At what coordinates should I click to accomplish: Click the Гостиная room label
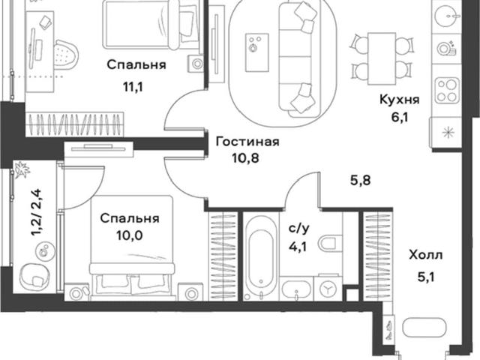click(247, 142)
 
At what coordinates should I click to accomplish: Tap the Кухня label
click(399, 100)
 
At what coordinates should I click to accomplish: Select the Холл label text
click(426, 255)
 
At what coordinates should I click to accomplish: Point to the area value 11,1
click(133, 88)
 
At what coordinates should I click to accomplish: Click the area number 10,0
click(130, 235)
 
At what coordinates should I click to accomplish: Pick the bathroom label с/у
click(299, 229)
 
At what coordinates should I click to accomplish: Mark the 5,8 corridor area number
click(360, 180)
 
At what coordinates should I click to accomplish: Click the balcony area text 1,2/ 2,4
click(37, 212)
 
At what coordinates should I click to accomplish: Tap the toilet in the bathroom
click(330, 243)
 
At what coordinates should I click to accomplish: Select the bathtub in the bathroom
click(261, 256)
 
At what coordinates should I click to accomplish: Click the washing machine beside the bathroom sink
click(328, 288)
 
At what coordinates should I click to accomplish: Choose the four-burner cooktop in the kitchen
click(447, 91)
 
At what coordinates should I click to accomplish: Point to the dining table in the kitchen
click(382, 58)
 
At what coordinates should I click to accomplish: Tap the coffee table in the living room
click(256, 53)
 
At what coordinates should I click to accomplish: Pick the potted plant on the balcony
click(22, 170)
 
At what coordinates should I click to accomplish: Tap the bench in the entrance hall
click(424, 328)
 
